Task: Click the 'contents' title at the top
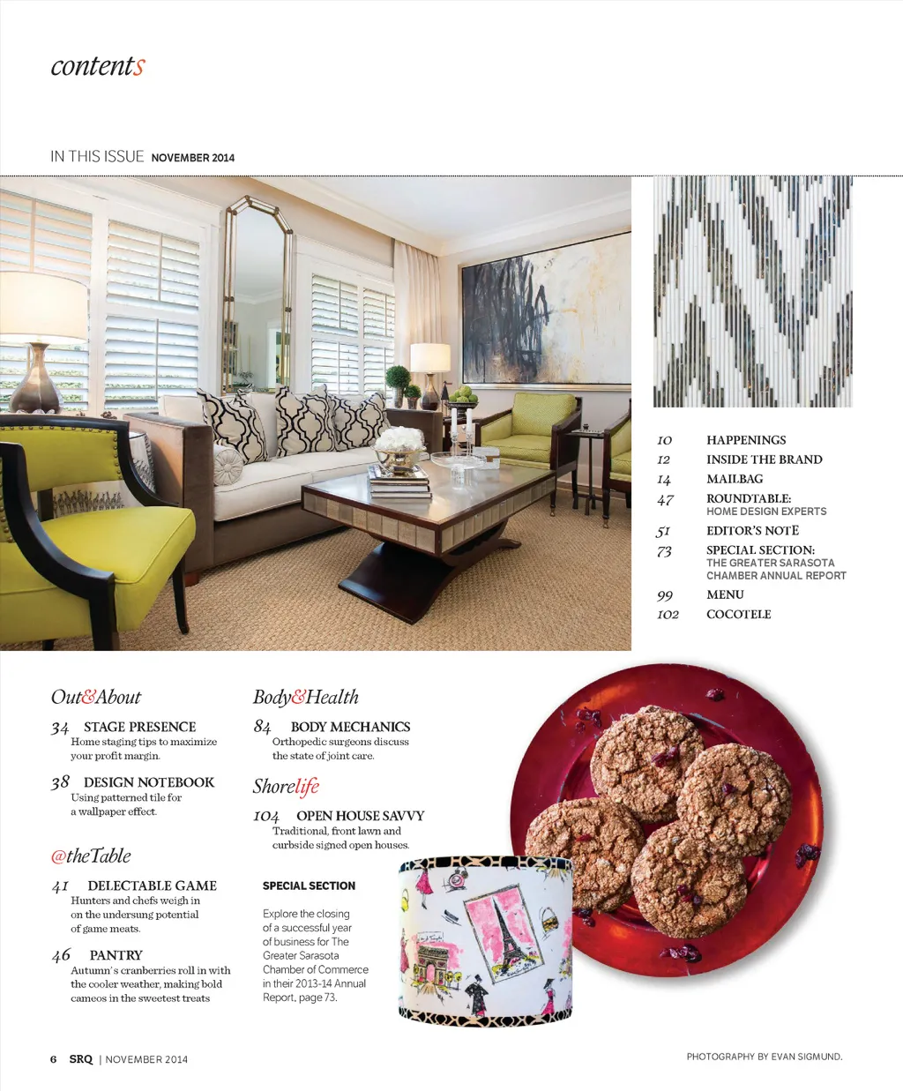click(97, 66)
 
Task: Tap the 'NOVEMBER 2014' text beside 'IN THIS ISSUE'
click(193, 158)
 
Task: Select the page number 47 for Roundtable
click(665, 500)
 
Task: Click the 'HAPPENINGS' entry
click(746, 440)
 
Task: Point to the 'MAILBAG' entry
click(735, 479)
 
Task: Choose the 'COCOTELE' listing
click(738, 614)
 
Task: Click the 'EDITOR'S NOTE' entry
click(752, 531)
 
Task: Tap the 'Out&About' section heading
click(95, 697)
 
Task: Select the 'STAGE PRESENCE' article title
click(139, 727)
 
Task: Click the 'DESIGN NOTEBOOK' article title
click(149, 782)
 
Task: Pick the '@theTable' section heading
click(91, 856)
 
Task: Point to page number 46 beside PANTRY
click(61, 955)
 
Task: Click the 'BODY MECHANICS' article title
click(350, 727)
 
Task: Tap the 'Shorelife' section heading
click(286, 786)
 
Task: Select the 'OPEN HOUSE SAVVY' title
click(360, 816)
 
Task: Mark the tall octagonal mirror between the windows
click(257, 291)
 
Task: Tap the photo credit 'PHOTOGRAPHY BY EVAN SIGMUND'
click(764, 1057)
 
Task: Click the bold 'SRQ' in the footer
click(81, 1059)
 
